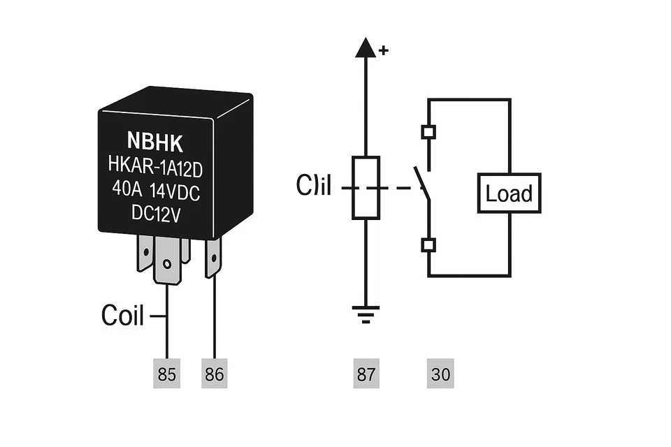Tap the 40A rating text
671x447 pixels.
pos(126,191)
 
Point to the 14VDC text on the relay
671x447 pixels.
pos(174,191)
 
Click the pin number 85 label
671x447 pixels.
pos(166,374)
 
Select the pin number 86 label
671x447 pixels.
pos(214,374)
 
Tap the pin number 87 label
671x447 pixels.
pos(366,374)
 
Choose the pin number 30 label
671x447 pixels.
pos(440,374)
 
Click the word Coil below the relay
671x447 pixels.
pos(122,316)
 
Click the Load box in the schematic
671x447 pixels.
pos(509,193)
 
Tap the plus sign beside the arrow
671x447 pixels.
pos(383,50)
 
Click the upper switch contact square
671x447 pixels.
pos(428,132)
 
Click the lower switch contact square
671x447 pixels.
pos(428,244)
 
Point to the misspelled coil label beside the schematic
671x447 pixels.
pos(313,186)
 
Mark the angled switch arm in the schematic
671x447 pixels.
pos(421,182)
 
